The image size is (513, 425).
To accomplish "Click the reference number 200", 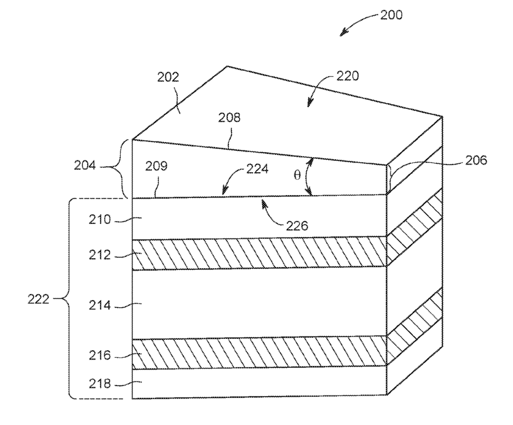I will (390, 15).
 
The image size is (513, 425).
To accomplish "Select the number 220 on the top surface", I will (347, 76).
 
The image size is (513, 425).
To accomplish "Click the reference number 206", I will (475, 160).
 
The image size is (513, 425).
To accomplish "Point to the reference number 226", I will (297, 225).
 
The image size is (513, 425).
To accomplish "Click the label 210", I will (101, 220).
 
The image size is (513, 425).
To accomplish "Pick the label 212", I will (101, 255).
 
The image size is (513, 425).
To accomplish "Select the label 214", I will (101, 305).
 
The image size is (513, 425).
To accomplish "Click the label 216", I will (101, 355).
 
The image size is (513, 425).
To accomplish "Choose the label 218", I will (101, 384).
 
